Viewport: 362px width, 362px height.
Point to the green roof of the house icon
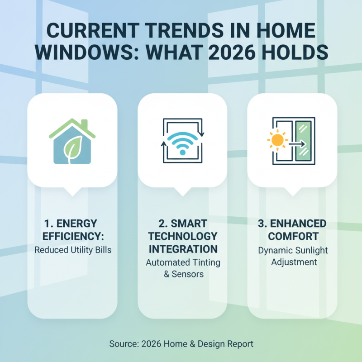coord(72,127)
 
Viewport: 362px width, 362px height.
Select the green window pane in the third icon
coord(303,141)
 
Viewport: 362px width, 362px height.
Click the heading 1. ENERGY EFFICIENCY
coord(72,229)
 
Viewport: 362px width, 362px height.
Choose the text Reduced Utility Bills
coord(72,249)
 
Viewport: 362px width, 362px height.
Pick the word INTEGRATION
coord(182,249)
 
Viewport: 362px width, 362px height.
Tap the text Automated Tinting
coord(182,262)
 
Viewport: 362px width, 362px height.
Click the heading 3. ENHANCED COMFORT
coord(292,229)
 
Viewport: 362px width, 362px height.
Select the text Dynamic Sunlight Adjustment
coord(292,256)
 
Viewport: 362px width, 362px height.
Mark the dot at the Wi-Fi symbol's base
coord(182,152)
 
